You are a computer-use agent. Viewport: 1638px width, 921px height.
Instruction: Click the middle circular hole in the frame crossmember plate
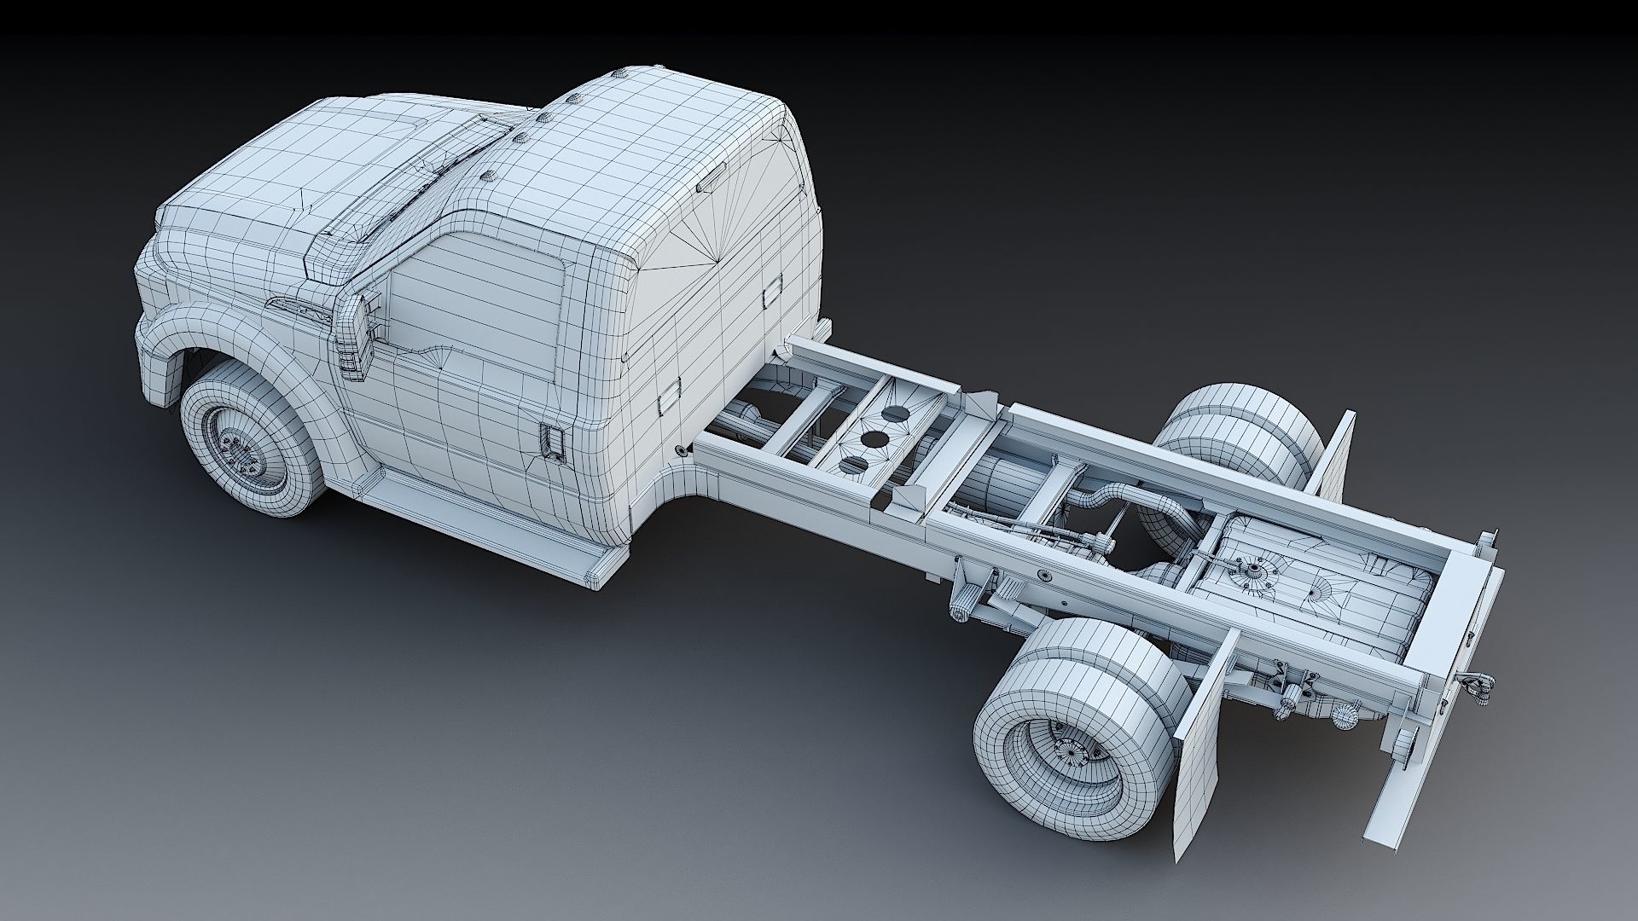coord(872,442)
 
